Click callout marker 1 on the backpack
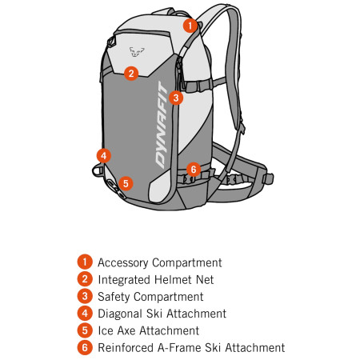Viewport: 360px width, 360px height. tap(190, 25)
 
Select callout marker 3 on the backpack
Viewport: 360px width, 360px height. tap(177, 98)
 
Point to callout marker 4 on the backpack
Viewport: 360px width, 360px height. tap(103, 155)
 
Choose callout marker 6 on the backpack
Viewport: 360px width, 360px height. tap(192, 168)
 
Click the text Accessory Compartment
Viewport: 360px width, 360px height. tap(159, 262)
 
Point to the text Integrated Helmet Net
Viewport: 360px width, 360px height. tap(155, 280)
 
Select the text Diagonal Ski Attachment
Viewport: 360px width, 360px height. tap(162, 314)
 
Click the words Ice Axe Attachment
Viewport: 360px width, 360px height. tap(148, 330)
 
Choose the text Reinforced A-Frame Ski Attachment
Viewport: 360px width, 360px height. tap(190, 348)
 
